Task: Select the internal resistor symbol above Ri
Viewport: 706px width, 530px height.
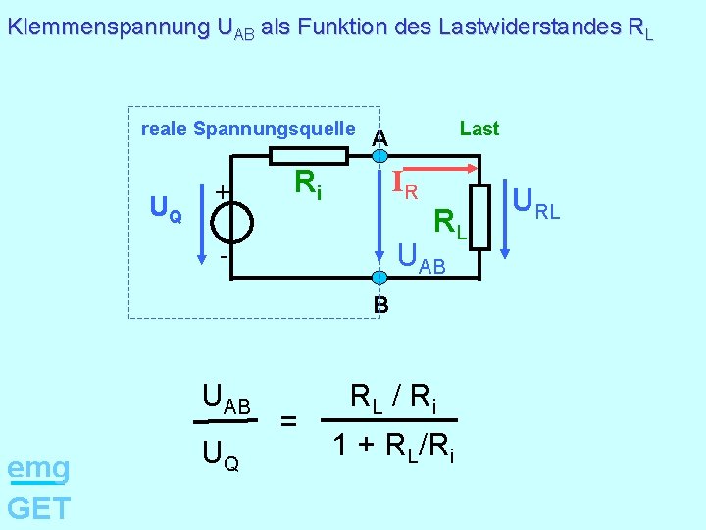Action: tap(308, 155)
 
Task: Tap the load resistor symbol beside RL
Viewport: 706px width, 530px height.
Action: tap(479, 217)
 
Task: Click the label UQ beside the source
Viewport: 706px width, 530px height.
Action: tap(165, 208)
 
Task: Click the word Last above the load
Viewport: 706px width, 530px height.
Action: tap(479, 129)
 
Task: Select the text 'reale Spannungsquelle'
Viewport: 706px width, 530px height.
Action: tap(248, 129)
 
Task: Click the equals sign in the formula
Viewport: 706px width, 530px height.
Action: tap(288, 421)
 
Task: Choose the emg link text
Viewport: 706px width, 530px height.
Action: tap(37, 469)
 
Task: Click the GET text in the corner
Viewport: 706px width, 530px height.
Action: tap(38, 507)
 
